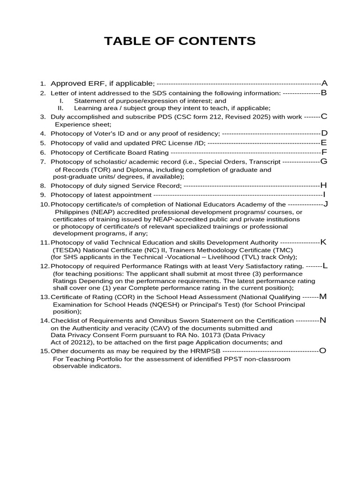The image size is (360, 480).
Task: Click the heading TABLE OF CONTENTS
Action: coord(180,41)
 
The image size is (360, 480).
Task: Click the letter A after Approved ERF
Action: coord(324,83)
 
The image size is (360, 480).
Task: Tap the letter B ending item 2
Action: coord(323,93)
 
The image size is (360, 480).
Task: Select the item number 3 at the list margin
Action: coord(43,117)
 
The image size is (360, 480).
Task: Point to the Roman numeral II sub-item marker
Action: coord(60,108)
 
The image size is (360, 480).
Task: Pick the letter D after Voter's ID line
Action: coord(324,133)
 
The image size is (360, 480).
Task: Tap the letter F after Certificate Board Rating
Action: coord(324,152)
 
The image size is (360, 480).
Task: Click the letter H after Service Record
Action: coord(323,185)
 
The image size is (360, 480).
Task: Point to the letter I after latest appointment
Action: coord(324,195)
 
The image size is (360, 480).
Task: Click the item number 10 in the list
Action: coord(45,204)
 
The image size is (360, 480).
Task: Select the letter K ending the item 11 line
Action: coord(323,242)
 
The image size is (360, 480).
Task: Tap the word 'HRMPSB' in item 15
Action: coord(209,351)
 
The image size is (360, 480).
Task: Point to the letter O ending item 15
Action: coord(322,351)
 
